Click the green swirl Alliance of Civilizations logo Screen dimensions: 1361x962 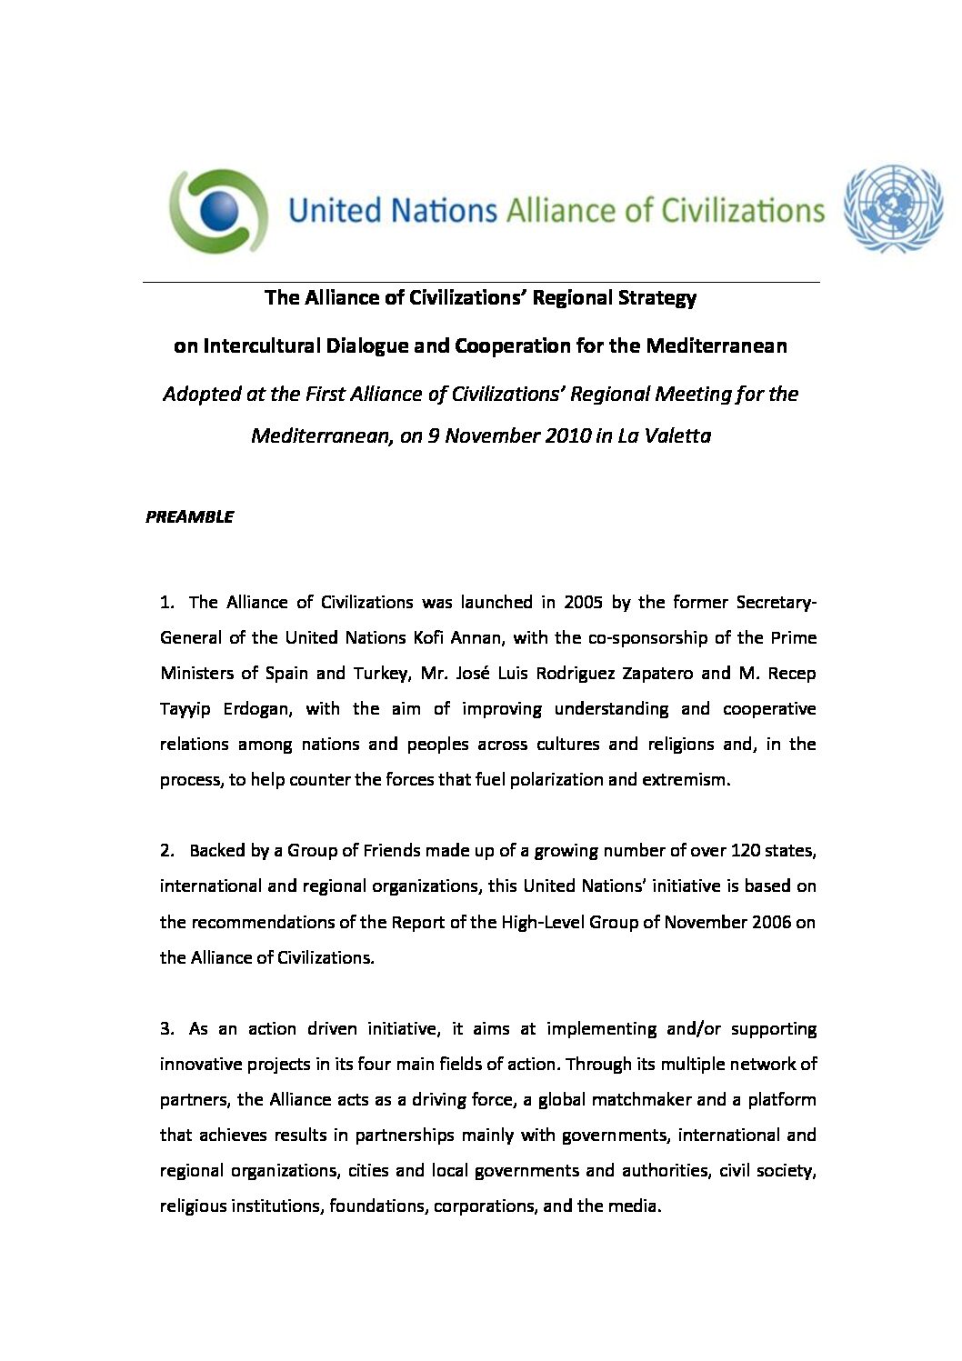point(219,211)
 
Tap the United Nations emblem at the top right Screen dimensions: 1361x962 point(893,209)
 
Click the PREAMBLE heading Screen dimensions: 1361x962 point(189,516)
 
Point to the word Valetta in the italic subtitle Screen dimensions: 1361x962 point(677,435)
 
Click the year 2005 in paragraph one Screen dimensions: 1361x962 point(583,602)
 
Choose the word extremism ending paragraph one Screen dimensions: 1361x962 point(686,779)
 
